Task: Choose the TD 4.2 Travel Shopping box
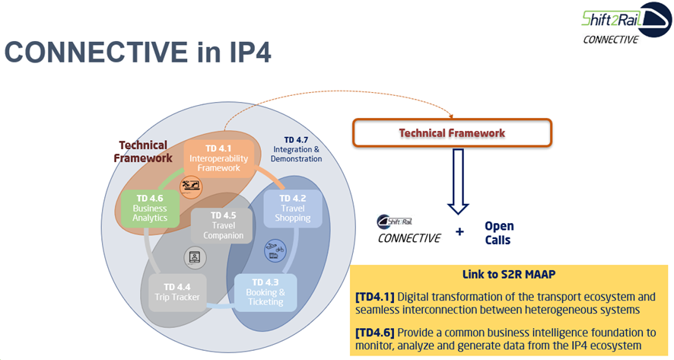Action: click(292, 209)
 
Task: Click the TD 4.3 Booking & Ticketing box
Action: click(265, 292)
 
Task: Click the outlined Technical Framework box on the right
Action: click(452, 132)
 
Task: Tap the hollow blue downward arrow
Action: click(458, 182)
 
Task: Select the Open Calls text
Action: click(499, 233)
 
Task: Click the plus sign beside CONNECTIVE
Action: click(459, 231)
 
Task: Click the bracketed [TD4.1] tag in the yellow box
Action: click(374, 295)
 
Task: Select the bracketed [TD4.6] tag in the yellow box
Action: click(374, 332)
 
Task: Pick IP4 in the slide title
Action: click(244, 53)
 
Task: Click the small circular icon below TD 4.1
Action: click(191, 185)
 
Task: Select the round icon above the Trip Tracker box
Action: click(195, 256)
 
